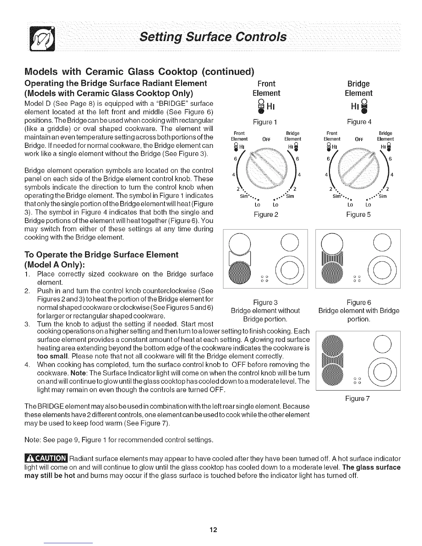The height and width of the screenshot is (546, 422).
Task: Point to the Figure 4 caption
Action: (359, 122)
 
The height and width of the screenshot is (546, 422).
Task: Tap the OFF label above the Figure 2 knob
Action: (265, 139)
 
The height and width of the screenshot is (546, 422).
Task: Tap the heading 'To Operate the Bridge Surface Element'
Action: (102, 255)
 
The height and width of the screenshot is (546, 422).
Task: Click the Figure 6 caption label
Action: (359, 302)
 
